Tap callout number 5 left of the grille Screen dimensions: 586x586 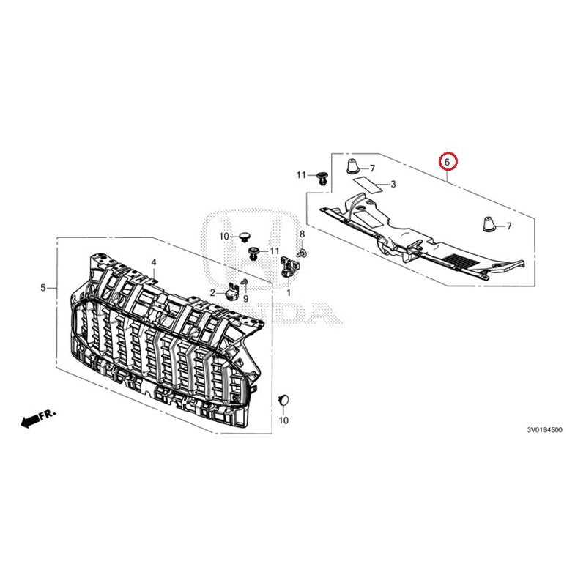(43, 287)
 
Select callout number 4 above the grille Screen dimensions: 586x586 (154, 262)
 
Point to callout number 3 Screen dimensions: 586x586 (393, 185)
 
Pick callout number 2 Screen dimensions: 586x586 (212, 292)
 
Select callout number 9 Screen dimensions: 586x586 (245, 300)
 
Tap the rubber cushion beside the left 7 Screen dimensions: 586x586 (352, 166)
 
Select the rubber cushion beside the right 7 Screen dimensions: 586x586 (486, 223)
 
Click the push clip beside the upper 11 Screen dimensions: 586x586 (322, 176)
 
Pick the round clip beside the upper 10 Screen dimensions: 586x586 (245, 237)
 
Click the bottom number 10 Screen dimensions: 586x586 (283, 420)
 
